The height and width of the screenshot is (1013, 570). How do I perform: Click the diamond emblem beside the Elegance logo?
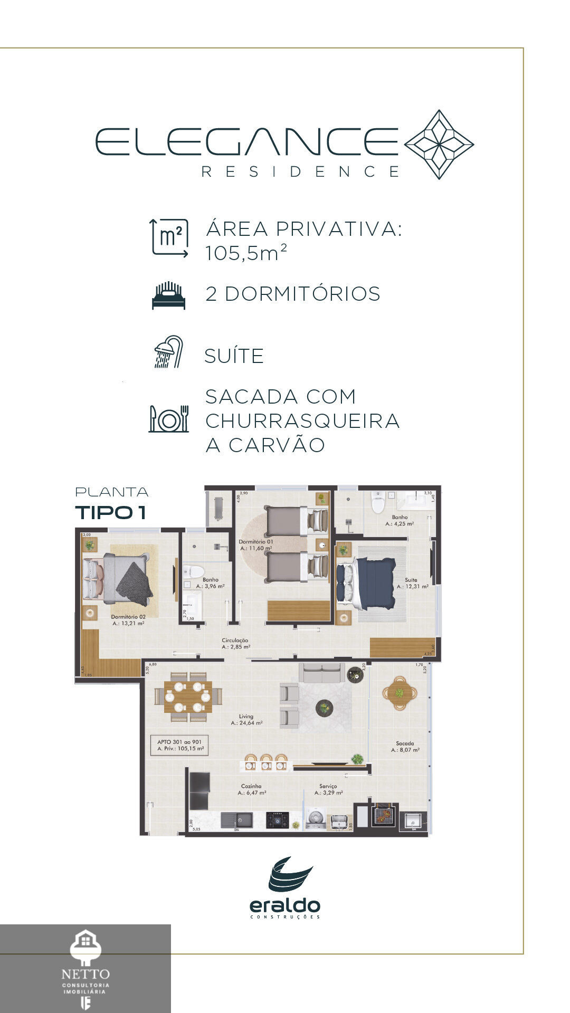(439, 145)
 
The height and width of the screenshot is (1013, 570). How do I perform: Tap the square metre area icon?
(169, 238)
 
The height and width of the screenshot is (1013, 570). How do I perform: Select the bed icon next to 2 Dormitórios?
(169, 295)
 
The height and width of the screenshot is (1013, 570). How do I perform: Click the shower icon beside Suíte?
(169, 352)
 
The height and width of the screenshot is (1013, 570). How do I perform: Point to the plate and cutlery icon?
(169, 419)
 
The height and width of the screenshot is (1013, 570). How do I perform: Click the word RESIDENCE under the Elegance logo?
(301, 172)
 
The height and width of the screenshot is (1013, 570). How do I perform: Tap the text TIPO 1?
(110, 512)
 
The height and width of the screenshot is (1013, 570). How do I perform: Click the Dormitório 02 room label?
(128, 617)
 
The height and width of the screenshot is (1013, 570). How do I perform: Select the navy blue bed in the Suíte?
(369, 582)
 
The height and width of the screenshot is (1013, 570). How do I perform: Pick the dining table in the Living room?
(188, 696)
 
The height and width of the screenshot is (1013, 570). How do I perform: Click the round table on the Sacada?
(400, 692)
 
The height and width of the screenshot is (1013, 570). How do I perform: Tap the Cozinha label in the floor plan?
(252, 786)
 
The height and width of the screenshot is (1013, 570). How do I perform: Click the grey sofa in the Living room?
(321, 673)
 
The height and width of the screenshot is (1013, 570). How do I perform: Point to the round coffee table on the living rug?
(324, 708)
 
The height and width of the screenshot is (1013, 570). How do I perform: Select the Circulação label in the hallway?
(235, 641)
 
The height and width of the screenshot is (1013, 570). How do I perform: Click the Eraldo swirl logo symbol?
(290, 874)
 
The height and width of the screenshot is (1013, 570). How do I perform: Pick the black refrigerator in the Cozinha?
(199, 790)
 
